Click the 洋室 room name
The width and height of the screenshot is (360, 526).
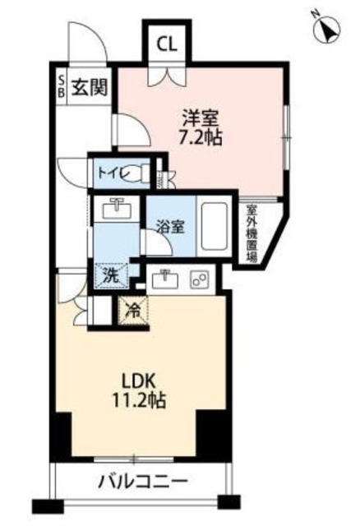(x=198, y=116)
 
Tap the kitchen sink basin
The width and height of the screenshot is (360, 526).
(x=167, y=279)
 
